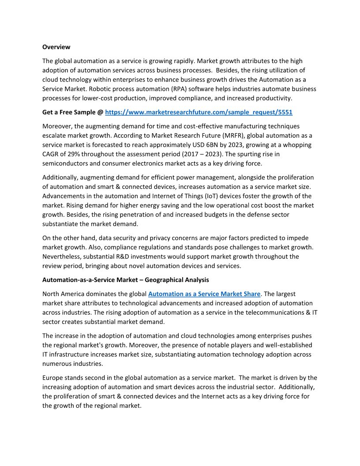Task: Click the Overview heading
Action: [56, 47]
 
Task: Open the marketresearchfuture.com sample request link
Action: [199, 113]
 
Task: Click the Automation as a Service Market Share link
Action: [204, 293]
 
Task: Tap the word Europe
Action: [53, 378]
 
